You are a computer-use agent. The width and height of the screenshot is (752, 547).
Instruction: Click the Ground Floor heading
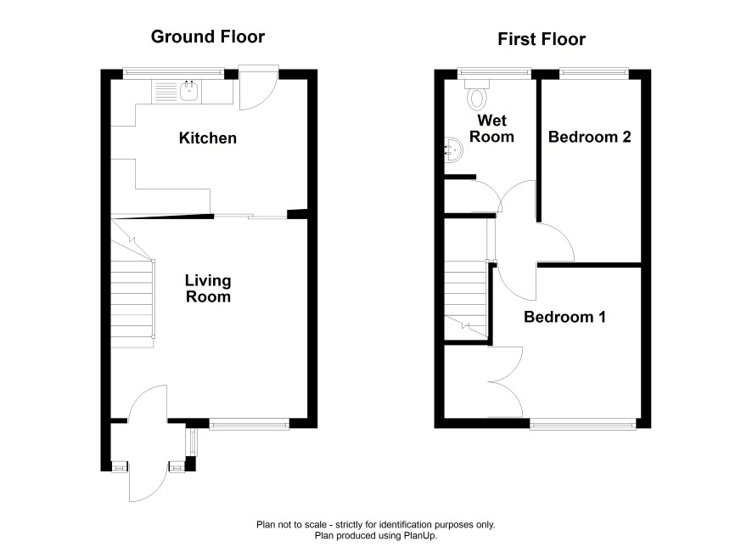[x=208, y=37]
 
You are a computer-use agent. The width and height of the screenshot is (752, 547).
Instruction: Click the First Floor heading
[x=542, y=39]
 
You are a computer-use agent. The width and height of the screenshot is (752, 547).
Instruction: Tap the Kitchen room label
[x=208, y=138]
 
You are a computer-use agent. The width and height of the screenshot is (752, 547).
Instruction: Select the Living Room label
[x=208, y=289]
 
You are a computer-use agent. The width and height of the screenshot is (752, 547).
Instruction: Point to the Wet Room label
[x=491, y=128]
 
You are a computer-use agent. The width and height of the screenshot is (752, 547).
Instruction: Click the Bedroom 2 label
[x=589, y=138]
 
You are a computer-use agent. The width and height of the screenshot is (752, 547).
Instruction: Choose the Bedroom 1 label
[x=564, y=317]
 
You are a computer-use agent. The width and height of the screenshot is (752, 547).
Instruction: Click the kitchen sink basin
[x=190, y=91]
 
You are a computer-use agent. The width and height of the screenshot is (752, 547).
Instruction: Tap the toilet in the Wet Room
[x=477, y=94]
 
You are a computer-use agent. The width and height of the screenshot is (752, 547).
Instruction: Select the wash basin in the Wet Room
[x=453, y=149]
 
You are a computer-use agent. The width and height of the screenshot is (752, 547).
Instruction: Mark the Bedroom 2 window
[x=594, y=73]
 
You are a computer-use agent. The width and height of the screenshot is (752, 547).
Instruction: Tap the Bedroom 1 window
[x=583, y=424]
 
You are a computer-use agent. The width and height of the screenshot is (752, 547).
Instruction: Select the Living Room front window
[x=249, y=423]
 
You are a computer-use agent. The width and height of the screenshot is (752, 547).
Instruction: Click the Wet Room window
[x=494, y=73]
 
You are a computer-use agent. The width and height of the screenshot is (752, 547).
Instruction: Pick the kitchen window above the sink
[x=174, y=73]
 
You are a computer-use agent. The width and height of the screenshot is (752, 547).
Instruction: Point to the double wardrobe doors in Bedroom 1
[x=506, y=382]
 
